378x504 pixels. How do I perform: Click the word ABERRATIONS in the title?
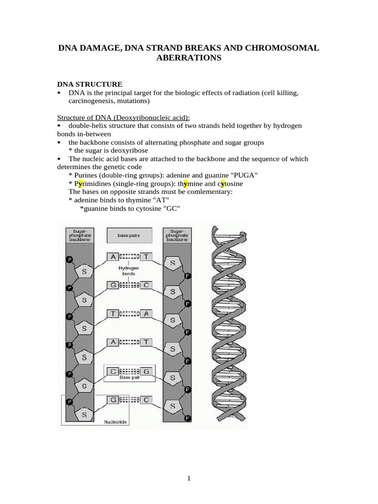click(x=189, y=58)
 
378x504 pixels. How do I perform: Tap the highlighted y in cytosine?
click(x=223, y=184)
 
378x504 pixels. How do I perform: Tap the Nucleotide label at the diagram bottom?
click(x=116, y=422)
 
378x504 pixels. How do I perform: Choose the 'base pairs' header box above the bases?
click(x=129, y=236)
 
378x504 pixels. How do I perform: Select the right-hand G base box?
click(x=146, y=371)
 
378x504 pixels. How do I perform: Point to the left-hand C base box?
click(x=113, y=371)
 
